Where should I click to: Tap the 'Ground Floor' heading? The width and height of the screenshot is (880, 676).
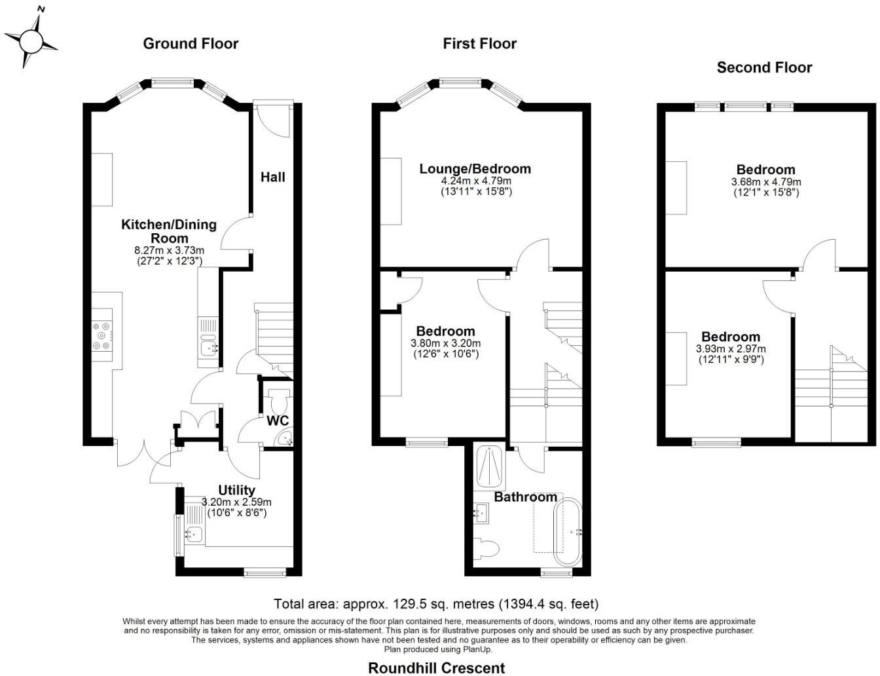191,44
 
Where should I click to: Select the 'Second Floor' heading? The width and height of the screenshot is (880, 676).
764,67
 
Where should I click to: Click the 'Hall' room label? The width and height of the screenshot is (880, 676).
273,177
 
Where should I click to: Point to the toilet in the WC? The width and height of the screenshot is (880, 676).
278,398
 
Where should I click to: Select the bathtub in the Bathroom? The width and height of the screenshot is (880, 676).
568,532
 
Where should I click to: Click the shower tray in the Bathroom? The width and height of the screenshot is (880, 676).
489,467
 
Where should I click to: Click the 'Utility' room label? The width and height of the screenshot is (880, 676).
236,490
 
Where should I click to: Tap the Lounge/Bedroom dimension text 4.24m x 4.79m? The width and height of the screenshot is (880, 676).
475,181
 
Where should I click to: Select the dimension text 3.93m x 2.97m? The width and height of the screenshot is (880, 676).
731,349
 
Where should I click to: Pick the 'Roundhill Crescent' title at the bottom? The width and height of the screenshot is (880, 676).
437,667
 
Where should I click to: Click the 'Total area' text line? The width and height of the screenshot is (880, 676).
436,604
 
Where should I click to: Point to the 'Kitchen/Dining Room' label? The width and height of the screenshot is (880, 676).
169,231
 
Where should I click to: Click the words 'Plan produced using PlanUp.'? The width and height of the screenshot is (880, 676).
438,649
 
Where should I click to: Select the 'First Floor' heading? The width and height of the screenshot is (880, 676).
479,44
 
